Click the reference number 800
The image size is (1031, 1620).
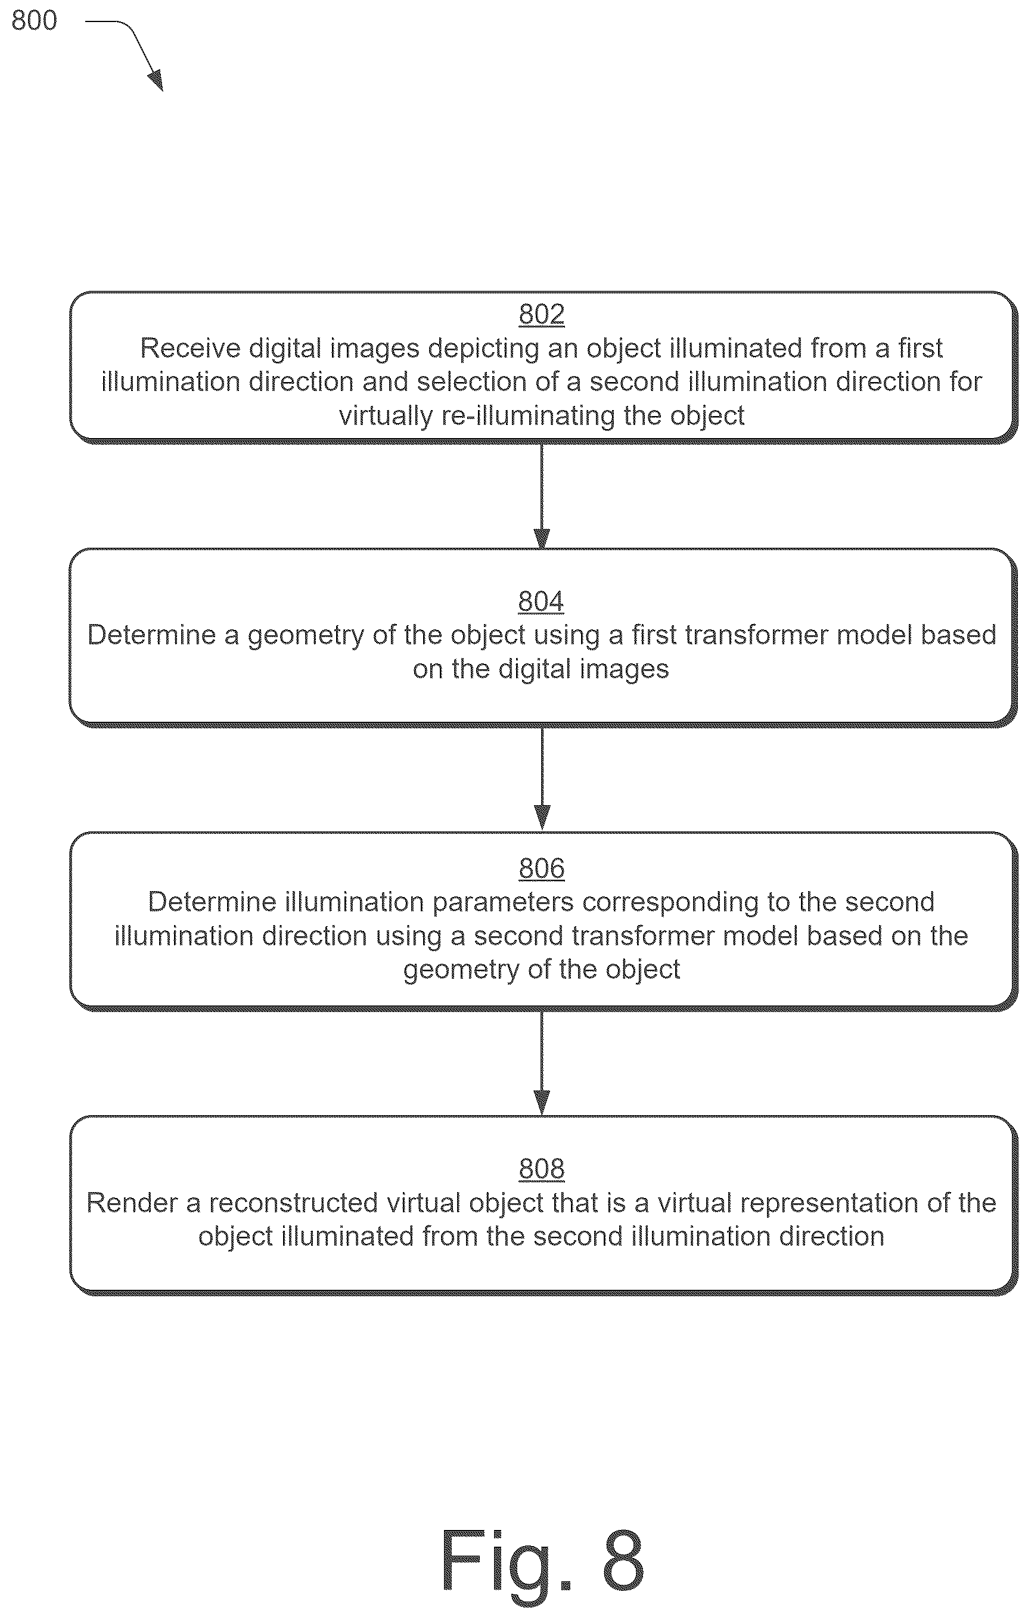pyautogui.click(x=35, y=21)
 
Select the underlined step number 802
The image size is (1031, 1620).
pyautogui.click(x=541, y=315)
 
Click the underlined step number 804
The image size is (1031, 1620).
pyautogui.click(x=541, y=601)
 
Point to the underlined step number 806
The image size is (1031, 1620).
pyautogui.click(x=541, y=868)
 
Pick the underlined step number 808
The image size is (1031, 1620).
pyautogui.click(x=541, y=1169)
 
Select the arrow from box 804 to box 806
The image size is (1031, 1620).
pyautogui.click(x=541, y=779)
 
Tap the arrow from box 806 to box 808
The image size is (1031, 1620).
pyautogui.click(x=541, y=1063)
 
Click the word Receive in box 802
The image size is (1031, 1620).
pyautogui.click(x=190, y=349)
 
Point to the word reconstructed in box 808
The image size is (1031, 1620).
pyautogui.click(x=293, y=1203)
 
